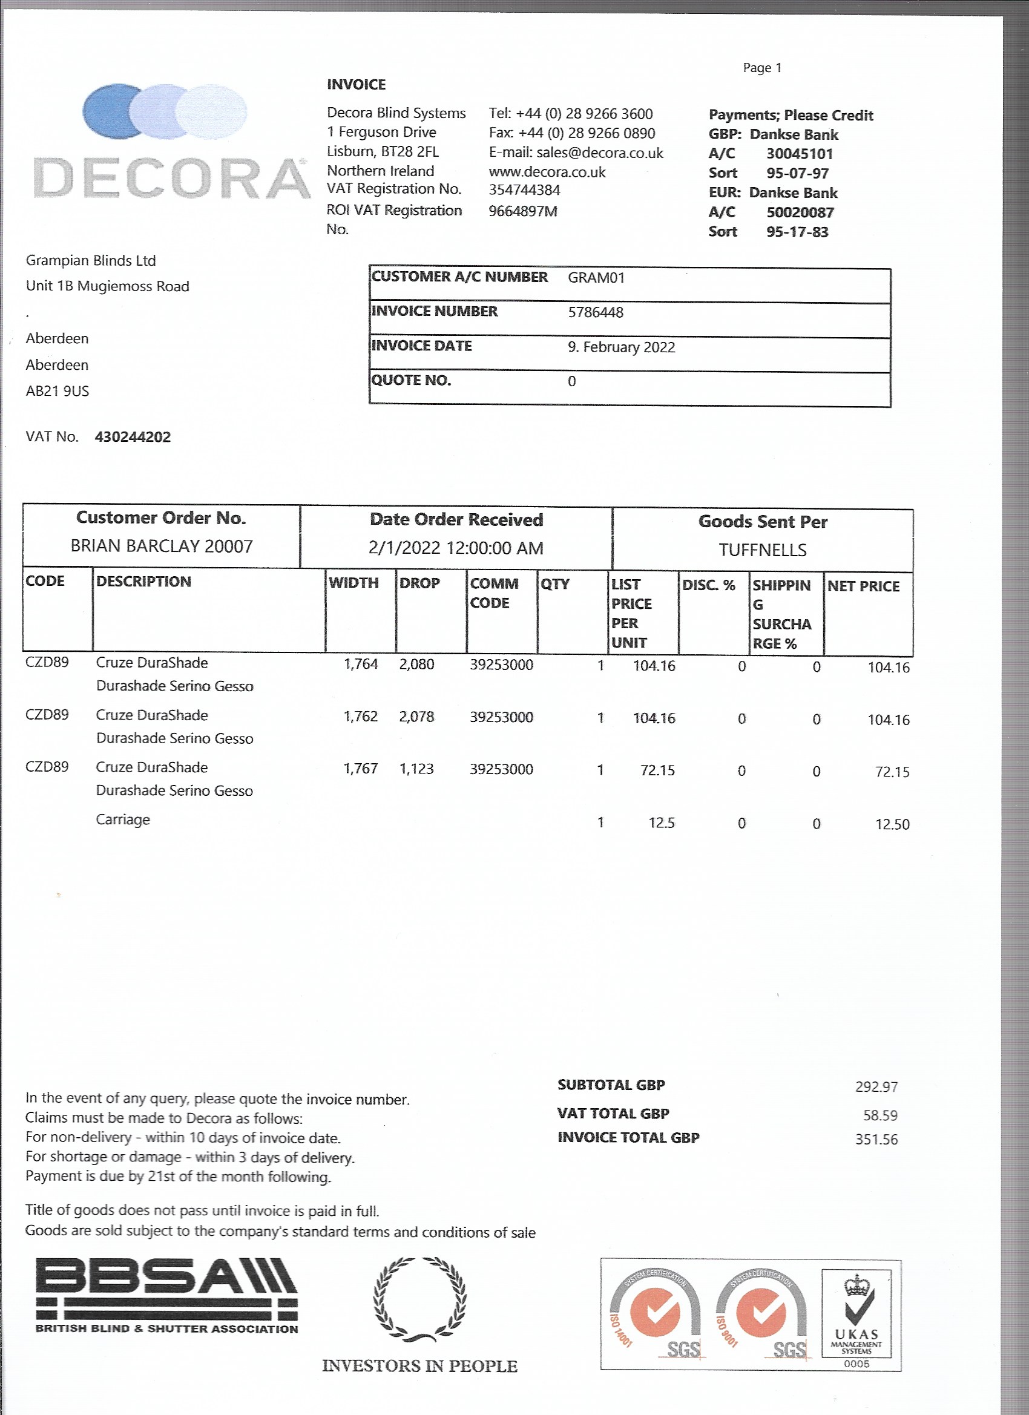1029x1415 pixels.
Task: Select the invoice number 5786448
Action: pos(596,312)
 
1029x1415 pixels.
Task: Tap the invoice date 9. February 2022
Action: pos(621,347)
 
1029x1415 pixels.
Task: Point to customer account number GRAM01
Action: pos(596,278)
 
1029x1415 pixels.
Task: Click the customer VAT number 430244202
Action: pos(133,438)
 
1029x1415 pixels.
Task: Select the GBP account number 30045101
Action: pos(800,154)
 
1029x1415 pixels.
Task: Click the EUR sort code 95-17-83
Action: pos(797,232)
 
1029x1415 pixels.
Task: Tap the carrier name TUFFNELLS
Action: pos(762,550)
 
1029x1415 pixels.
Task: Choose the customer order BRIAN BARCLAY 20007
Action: pos(162,547)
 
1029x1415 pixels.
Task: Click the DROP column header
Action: pos(419,583)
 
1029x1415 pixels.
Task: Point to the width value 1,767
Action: pos(361,769)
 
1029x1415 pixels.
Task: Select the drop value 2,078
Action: pos(416,717)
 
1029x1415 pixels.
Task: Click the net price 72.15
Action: pos(892,772)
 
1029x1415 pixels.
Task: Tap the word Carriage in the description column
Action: pos(123,820)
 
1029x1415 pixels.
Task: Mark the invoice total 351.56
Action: pos(876,1140)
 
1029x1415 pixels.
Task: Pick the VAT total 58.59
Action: pos(880,1115)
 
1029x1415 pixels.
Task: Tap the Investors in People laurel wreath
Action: pos(419,1299)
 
